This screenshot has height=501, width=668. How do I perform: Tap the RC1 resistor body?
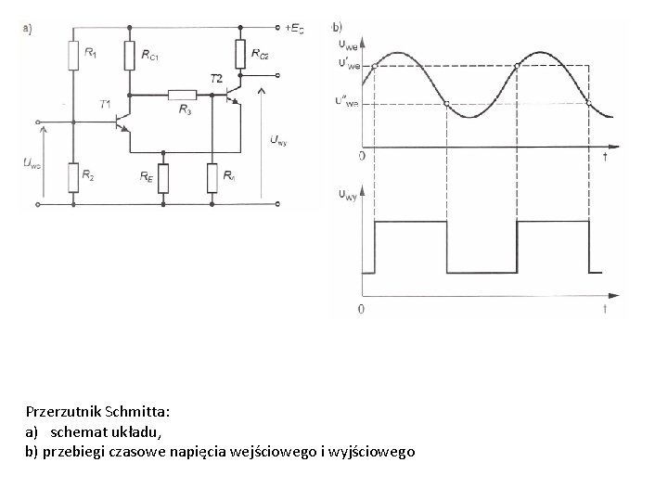[129, 57]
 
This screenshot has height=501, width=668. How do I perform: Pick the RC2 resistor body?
[240, 55]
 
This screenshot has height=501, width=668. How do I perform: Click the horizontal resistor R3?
[182, 94]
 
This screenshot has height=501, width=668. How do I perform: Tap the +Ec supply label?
[297, 28]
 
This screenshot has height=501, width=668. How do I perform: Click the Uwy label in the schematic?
[277, 140]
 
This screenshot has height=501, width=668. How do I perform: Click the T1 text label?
[107, 104]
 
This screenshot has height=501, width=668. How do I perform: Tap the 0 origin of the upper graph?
[361, 157]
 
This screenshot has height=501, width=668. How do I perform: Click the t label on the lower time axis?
[604, 309]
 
